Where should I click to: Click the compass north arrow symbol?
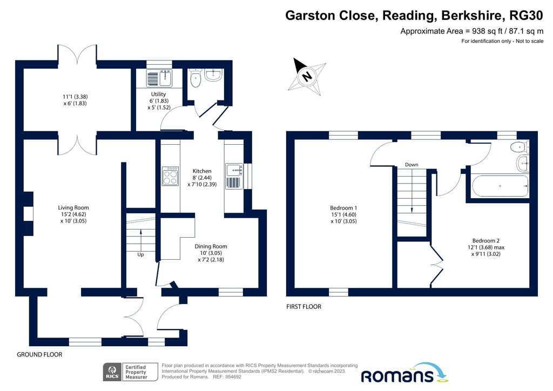(x=307, y=76)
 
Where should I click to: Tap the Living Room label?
(x=73, y=207)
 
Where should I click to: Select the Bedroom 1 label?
(x=343, y=208)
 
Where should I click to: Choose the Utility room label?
(x=158, y=94)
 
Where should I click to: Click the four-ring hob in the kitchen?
(x=171, y=176)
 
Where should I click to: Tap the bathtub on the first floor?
(x=500, y=186)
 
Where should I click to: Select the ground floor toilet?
(x=195, y=78)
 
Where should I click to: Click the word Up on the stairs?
(x=140, y=254)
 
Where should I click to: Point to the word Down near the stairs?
(x=412, y=165)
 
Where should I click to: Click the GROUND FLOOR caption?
(x=39, y=355)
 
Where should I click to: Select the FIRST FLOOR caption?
(x=304, y=307)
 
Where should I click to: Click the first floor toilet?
(x=519, y=146)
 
